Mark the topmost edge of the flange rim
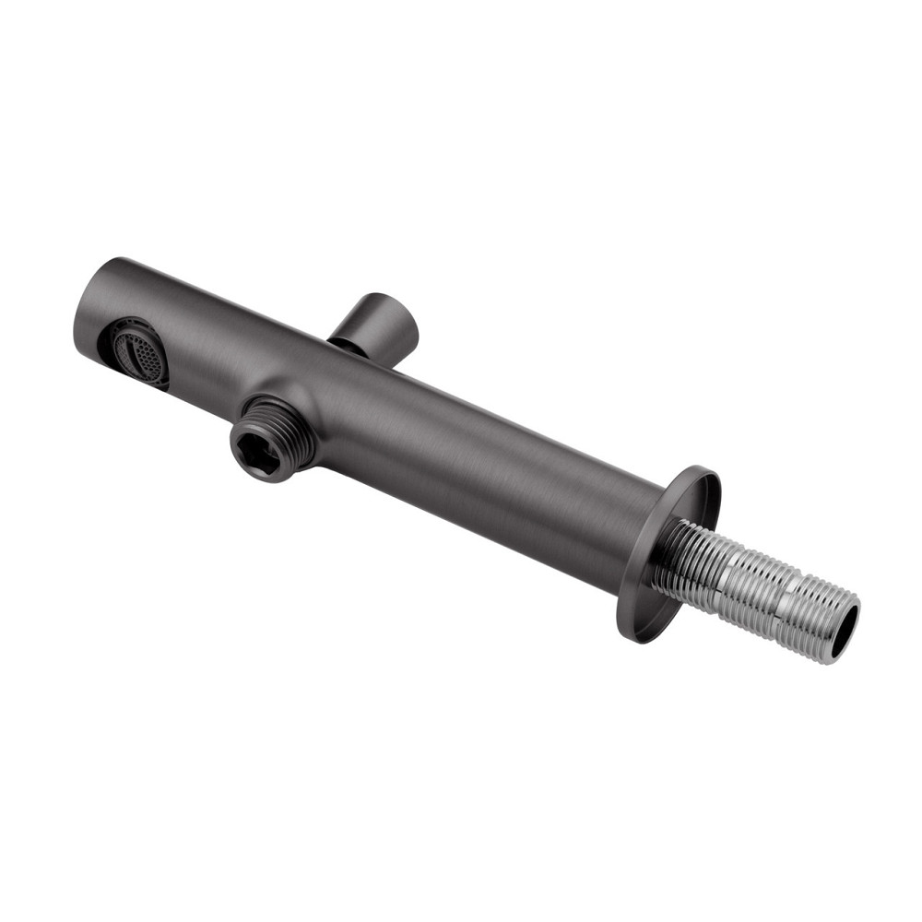point(705,469)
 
